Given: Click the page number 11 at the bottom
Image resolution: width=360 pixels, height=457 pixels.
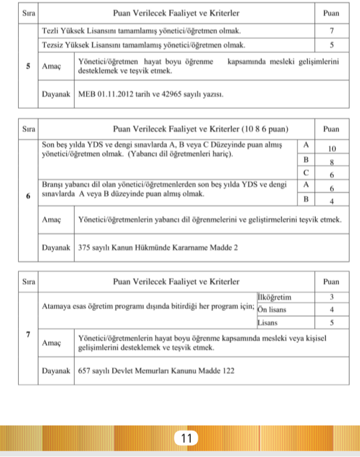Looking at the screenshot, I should pos(187,438).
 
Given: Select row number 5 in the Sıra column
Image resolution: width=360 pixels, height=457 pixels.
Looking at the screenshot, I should pos(28,66).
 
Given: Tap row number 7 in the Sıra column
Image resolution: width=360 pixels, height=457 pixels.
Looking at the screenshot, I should pos(28,334).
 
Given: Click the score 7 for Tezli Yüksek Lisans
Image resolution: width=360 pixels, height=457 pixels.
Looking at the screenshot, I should pos(331,30).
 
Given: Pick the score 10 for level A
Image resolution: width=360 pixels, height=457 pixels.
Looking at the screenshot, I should pos(331,147).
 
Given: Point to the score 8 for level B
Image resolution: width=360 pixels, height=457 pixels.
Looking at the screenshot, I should pos(331,162).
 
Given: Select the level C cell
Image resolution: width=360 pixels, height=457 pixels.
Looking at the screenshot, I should pos(305,174).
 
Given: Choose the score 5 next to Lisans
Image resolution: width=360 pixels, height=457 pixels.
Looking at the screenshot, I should pos(331,322).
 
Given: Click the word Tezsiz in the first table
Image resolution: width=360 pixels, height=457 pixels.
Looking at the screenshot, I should pos(54,44).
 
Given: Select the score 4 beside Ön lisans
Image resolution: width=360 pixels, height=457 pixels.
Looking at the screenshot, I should pos(331,309).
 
